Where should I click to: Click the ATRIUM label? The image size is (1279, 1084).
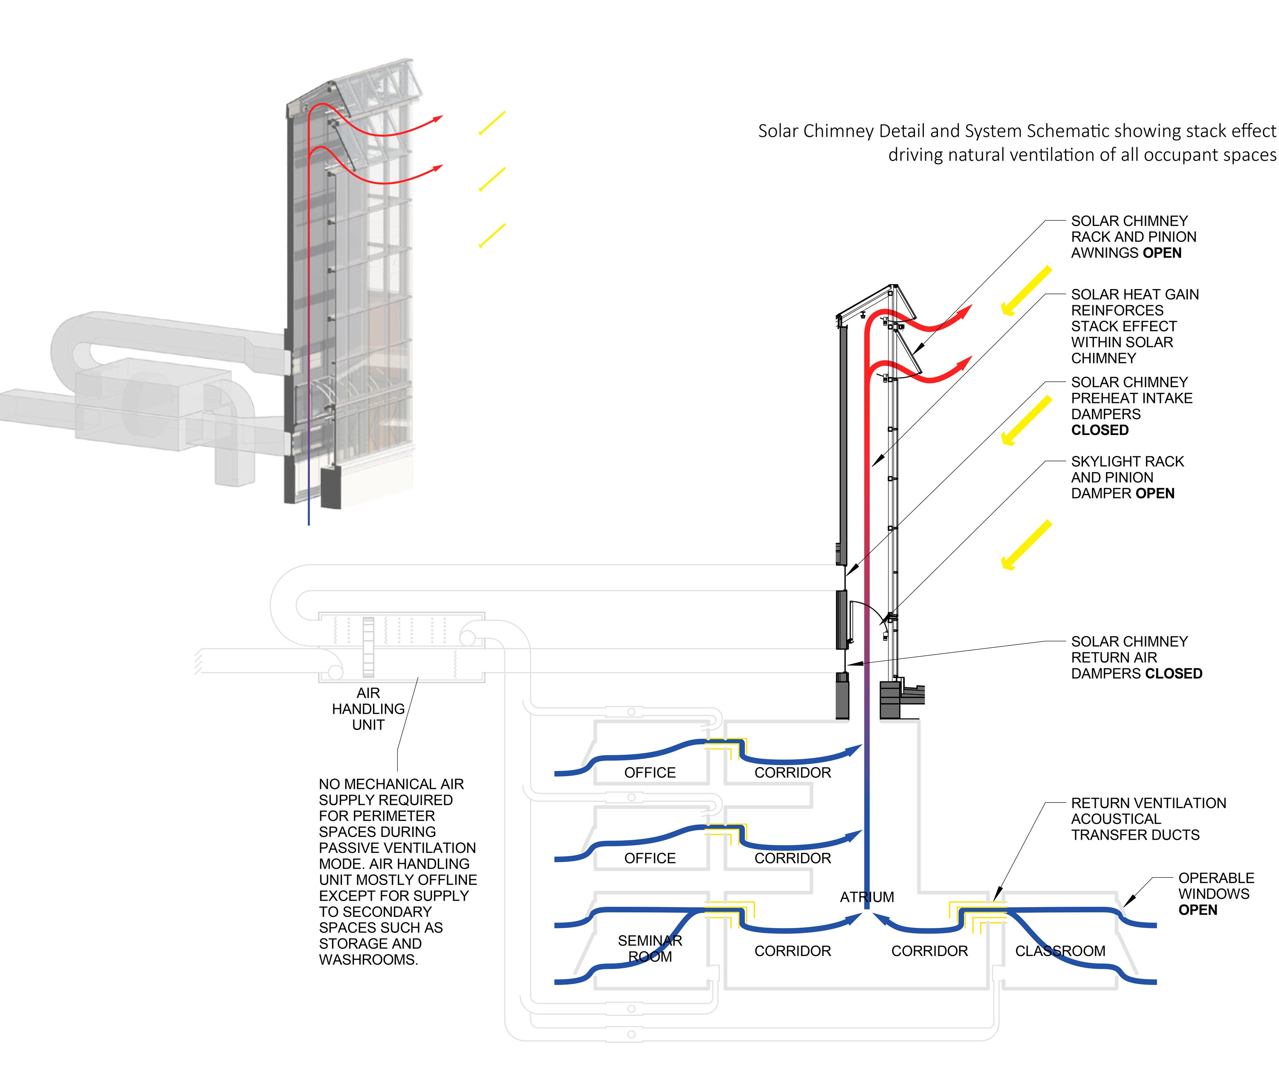point(866,897)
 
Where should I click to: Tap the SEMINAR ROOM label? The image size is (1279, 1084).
point(649,948)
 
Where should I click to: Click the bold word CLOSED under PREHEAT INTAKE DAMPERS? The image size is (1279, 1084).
point(1100,430)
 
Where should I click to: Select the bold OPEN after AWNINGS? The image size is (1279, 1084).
point(1162,253)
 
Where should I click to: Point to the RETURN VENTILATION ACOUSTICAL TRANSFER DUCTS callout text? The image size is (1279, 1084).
point(1148,819)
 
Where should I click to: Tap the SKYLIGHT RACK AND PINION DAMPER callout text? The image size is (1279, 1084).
point(1127,478)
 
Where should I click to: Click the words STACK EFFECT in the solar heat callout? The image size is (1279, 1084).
point(1123,326)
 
